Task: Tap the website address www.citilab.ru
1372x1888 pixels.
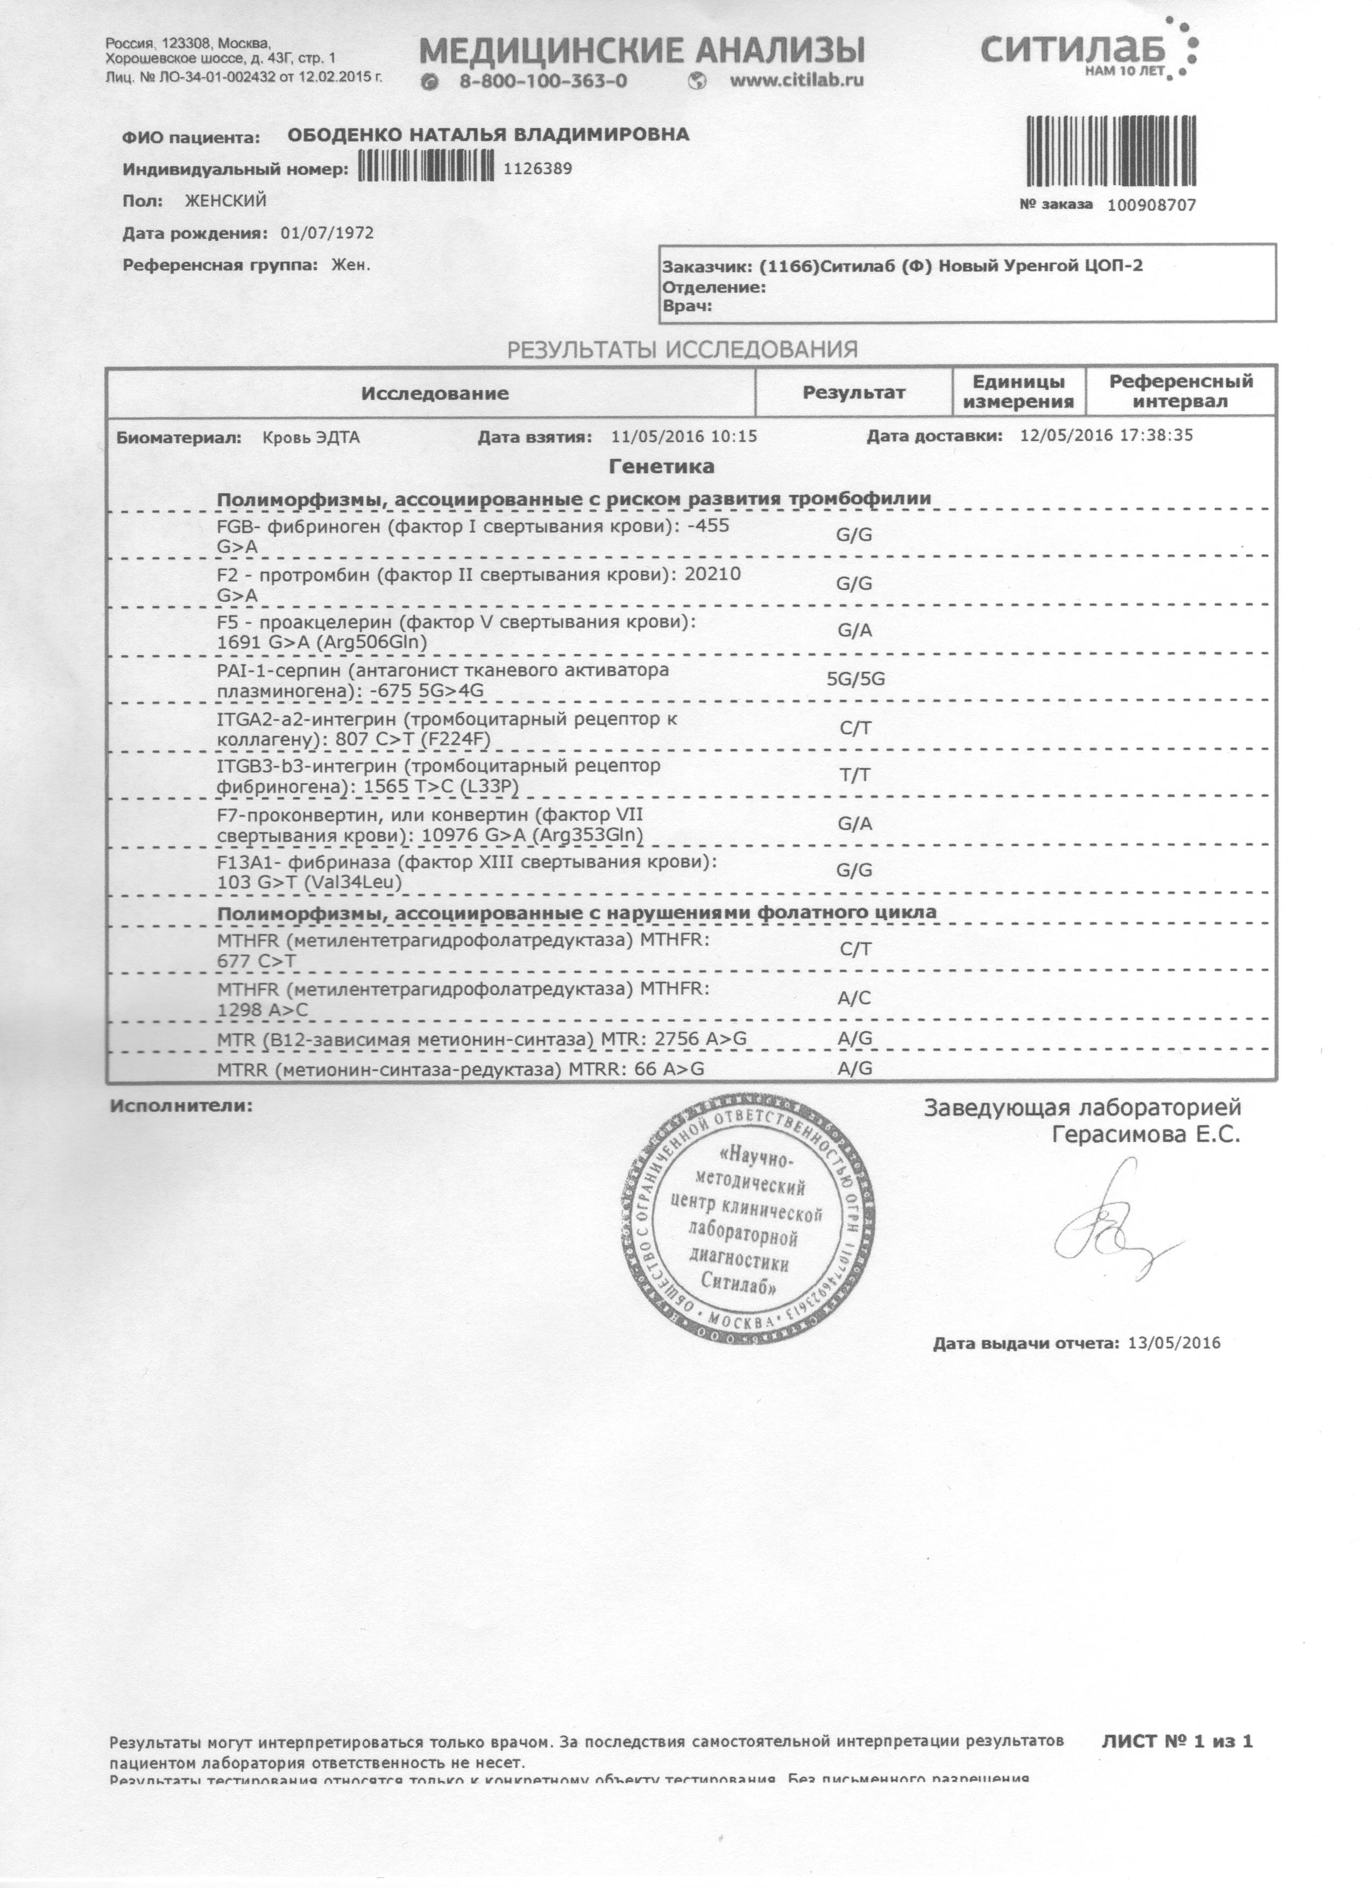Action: pos(796,81)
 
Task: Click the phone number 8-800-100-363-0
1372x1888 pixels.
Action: pos(543,81)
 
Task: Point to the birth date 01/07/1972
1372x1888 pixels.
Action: pos(327,233)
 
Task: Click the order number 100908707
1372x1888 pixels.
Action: pos(1151,205)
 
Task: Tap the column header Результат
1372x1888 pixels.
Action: pos(853,392)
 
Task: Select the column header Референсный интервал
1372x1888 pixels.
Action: pos(1180,391)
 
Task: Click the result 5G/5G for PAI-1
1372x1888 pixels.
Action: pos(855,678)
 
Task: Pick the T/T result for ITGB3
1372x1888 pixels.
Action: pos(855,775)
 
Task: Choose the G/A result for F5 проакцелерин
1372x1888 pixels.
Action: pos(855,630)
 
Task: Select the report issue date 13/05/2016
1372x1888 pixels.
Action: pos(1173,1343)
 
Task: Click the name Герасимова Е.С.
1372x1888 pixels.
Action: pos(1145,1134)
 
